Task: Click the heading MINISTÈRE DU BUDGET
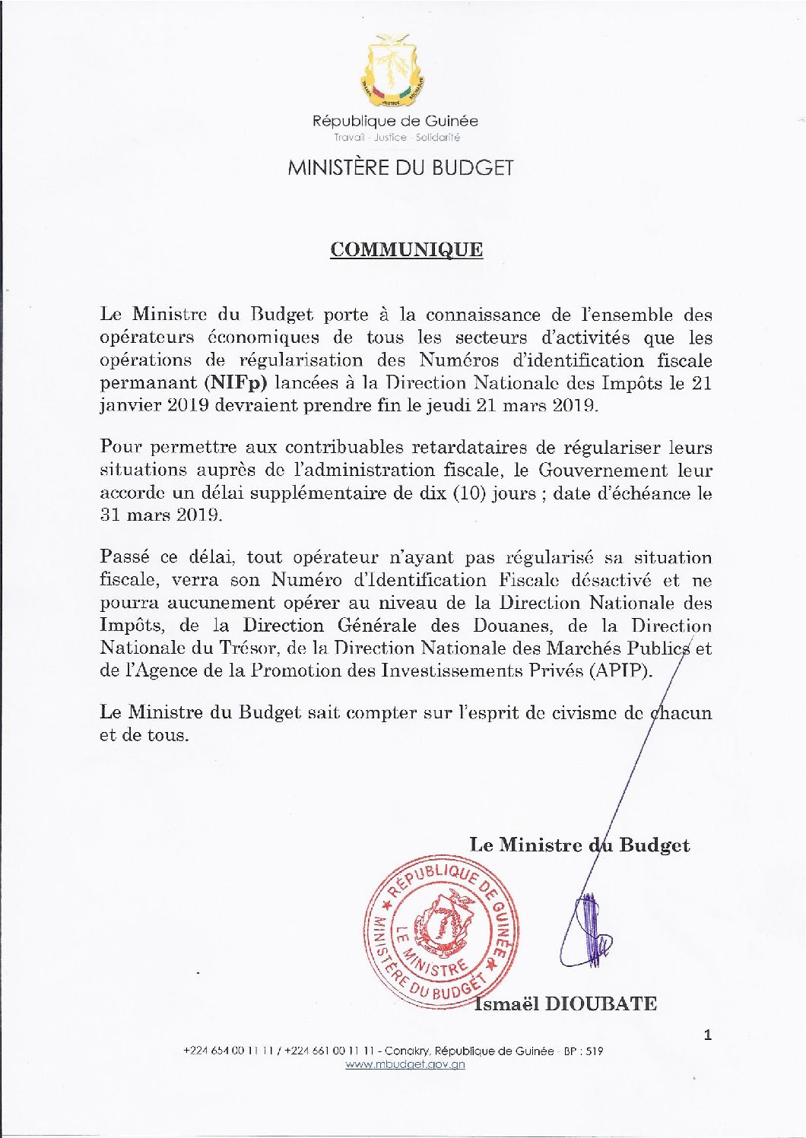401,168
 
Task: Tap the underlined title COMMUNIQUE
406,250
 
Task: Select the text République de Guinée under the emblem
395,121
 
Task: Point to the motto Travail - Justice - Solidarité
396,138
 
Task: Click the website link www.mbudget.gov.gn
405,1064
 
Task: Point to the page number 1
708,1035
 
